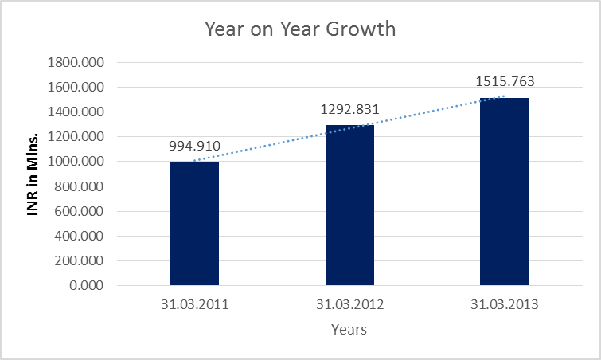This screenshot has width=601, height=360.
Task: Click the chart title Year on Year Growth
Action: pos(300,29)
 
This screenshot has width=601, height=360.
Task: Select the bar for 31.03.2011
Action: pos(194,223)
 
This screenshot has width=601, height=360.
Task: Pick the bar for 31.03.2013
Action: pos(504,191)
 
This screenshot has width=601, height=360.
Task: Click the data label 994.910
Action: pos(194,147)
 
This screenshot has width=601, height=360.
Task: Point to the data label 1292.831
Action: pos(349,110)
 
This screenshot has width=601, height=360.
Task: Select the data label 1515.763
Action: pos(504,81)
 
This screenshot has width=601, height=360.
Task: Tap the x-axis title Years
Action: pos(349,329)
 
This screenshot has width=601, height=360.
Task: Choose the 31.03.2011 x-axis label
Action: pos(194,304)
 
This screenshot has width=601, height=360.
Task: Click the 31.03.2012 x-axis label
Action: pos(349,304)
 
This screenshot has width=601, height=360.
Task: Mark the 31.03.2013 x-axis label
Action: pos(504,304)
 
